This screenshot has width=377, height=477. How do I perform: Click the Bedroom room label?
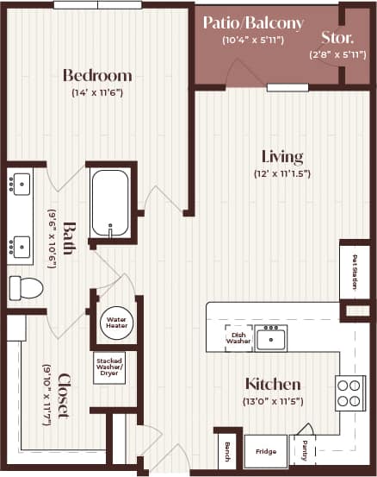pos(96,75)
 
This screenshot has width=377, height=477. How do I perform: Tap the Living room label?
pos(282,157)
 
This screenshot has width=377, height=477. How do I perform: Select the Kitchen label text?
pos(273,384)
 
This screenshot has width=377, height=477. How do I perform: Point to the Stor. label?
pos(336,37)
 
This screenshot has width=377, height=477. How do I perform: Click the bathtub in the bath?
pos(110,202)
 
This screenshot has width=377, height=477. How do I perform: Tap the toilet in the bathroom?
pos(26,286)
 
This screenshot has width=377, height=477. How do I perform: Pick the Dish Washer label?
pos(238,337)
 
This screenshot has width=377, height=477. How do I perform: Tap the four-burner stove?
pos(350,393)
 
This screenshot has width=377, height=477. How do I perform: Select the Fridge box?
pos(266,451)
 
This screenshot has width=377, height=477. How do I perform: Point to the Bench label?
pos(226,450)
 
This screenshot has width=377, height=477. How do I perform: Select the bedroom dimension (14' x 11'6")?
pos(96,92)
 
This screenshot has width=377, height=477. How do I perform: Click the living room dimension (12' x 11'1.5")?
pos(282,173)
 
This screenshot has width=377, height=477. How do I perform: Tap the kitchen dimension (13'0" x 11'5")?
pos(273,401)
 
